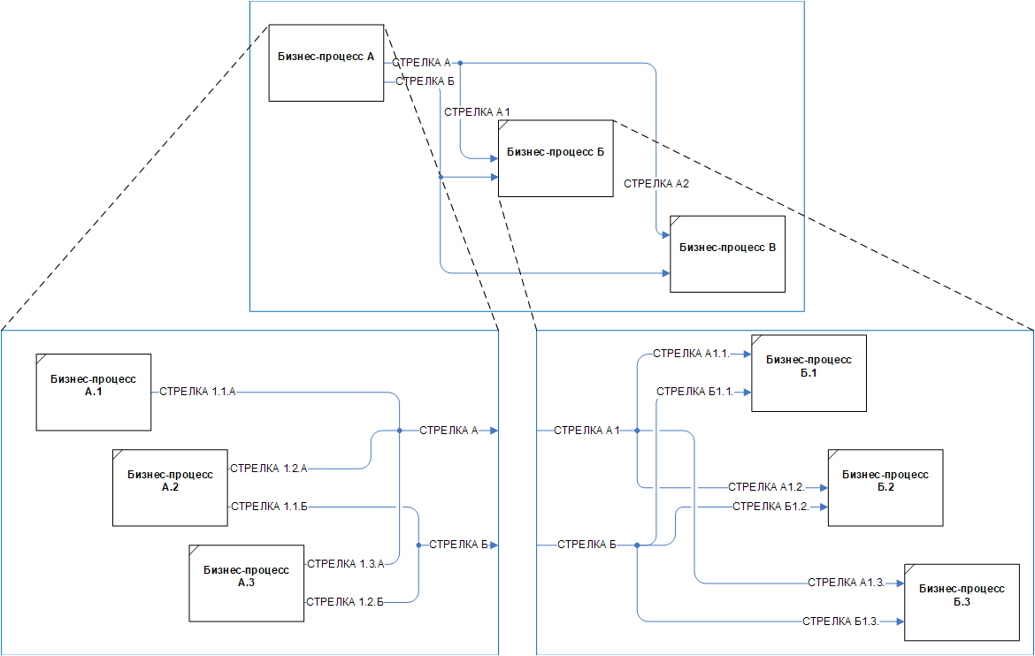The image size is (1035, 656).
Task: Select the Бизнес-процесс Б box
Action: tap(556, 157)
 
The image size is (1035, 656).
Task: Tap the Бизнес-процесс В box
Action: tap(727, 253)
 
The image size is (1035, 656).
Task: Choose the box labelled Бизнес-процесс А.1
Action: tap(94, 392)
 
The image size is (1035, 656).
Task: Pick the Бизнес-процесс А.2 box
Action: tap(170, 487)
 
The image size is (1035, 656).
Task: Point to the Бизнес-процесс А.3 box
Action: tap(246, 583)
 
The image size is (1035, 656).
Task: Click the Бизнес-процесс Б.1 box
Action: tap(809, 373)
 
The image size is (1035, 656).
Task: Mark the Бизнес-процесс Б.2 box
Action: tap(885, 487)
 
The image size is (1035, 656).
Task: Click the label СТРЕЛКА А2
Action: tap(655, 184)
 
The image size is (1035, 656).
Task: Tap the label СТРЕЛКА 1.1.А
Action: tap(197, 391)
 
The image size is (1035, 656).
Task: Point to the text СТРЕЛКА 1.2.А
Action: tap(268, 468)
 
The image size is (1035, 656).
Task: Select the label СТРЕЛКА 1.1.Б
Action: tap(268, 506)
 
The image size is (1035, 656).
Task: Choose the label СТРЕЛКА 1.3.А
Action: tap(345, 563)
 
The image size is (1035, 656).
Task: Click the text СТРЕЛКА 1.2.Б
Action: tap(344, 601)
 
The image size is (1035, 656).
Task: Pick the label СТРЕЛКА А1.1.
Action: tap(690, 354)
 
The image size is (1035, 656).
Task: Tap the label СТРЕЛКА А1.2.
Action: tap(766, 487)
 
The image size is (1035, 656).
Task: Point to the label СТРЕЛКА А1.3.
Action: tap(846, 583)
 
